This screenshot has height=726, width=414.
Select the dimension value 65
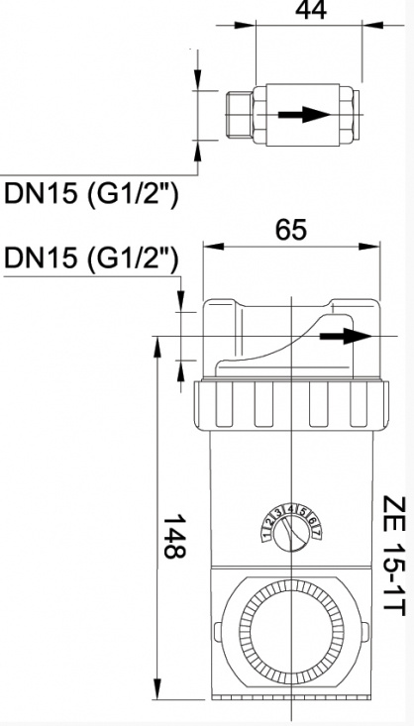(290, 230)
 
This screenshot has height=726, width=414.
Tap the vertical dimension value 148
(171, 536)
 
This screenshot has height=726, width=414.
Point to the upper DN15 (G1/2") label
(91, 193)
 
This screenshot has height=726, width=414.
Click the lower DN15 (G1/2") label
(91, 259)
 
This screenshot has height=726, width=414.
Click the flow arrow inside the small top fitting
(303, 113)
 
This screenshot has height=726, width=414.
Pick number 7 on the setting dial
(316, 524)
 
